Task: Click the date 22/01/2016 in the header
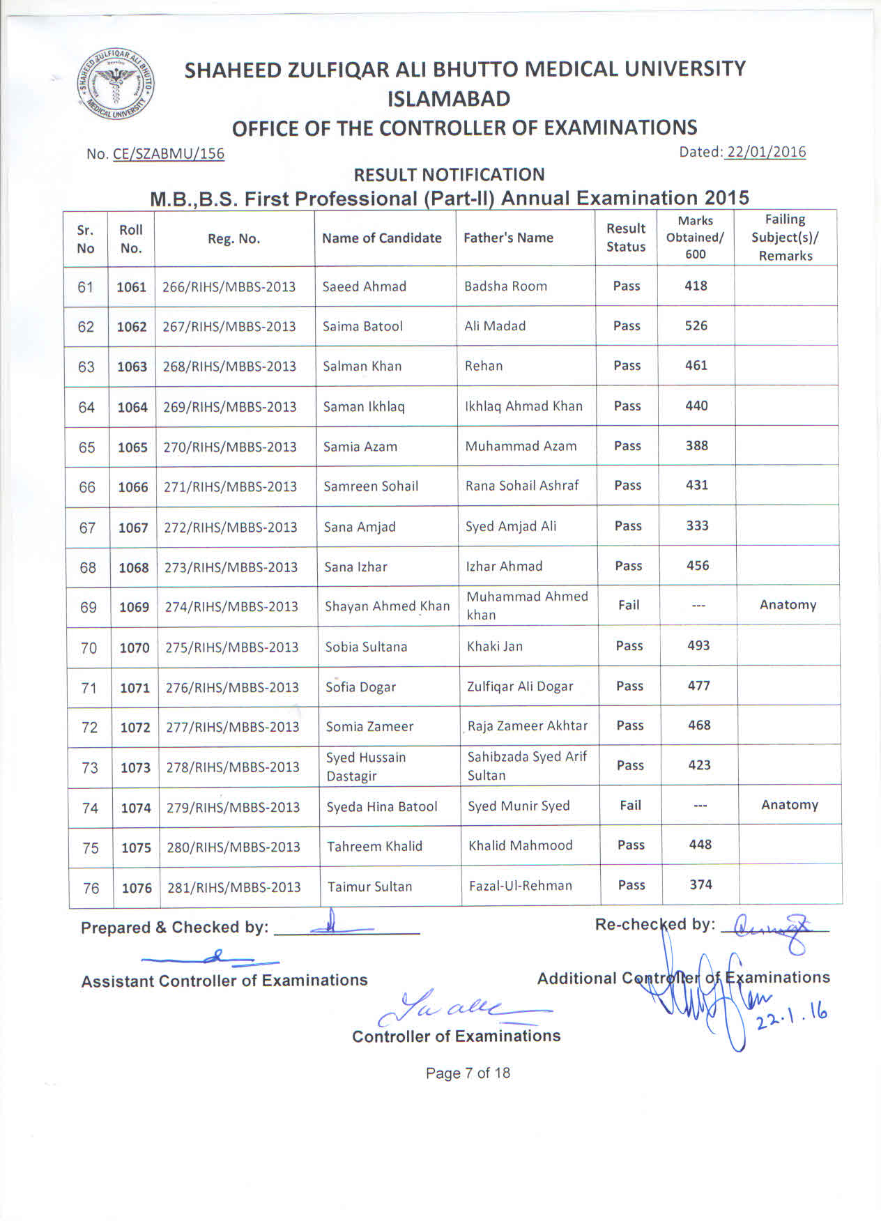pos(765,152)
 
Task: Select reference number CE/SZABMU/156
pos(168,154)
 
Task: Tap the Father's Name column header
pos(508,238)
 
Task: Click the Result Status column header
pos(626,238)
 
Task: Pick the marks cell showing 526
pos(696,325)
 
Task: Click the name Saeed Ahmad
pos(364,286)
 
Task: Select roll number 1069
pos(134,607)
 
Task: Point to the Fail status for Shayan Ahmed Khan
pos(629,605)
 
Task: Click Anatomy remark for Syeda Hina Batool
pos(789,805)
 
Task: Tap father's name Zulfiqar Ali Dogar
pos(520,686)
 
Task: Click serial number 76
pos(91,889)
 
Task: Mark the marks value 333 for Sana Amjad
pos(697,525)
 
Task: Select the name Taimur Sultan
pos(369,887)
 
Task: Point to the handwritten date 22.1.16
pos(791,1016)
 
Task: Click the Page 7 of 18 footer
pos(468,1073)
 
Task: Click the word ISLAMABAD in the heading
pos(449,99)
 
